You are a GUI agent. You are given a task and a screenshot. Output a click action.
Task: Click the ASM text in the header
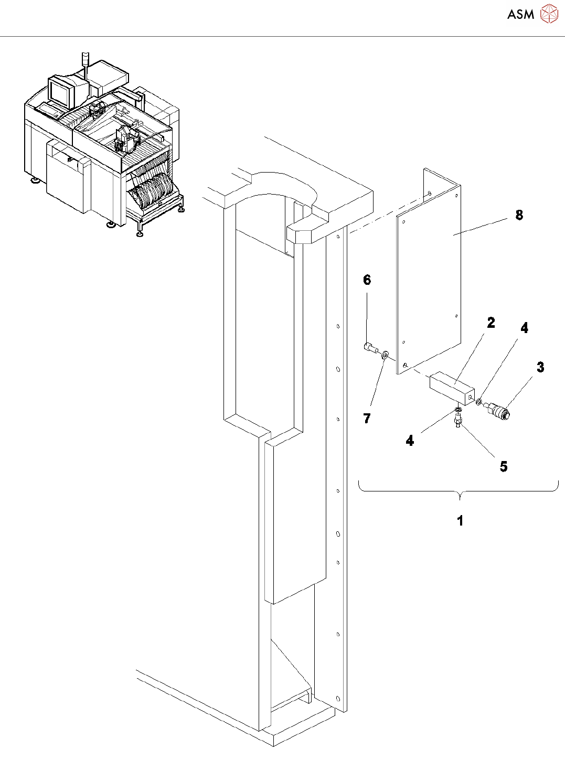(x=520, y=15)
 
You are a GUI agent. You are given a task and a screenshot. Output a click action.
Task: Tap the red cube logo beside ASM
(x=549, y=14)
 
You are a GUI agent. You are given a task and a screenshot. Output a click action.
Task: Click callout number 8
(x=519, y=215)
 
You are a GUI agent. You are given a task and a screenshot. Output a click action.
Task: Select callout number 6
(x=367, y=280)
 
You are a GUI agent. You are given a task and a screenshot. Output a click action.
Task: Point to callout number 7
(x=367, y=419)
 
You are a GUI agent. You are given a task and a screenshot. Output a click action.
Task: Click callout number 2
(x=491, y=323)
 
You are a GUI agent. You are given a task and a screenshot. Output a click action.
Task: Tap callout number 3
(x=540, y=368)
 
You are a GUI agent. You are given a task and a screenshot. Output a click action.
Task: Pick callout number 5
(x=504, y=466)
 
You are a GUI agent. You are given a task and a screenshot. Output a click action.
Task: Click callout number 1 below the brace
(x=460, y=521)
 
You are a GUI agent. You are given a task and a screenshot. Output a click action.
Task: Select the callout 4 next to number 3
(x=524, y=328)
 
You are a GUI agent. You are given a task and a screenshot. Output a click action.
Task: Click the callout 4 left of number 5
(x=410, y=441)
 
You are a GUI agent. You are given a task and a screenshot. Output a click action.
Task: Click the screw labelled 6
(x=370, y=347)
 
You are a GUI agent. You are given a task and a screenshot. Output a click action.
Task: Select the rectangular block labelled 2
(x=451, y=387)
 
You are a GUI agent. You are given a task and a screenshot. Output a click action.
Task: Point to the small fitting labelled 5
(x=458, y=418)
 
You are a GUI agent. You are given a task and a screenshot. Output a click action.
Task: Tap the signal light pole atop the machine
(x=86, y=62)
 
